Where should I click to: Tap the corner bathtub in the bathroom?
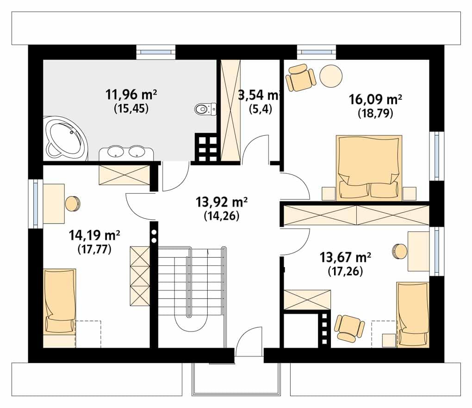(66, 139)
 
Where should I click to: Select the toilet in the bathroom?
(205, 108)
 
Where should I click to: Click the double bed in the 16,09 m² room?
(369, 168)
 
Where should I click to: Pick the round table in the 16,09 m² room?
(331, 76)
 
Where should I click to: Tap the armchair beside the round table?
(301, 77)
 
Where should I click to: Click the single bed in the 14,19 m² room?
(60, 301)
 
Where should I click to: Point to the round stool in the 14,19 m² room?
(73, 204)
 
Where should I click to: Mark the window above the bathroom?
(156, 52)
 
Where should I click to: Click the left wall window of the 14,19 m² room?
(36, 204)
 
